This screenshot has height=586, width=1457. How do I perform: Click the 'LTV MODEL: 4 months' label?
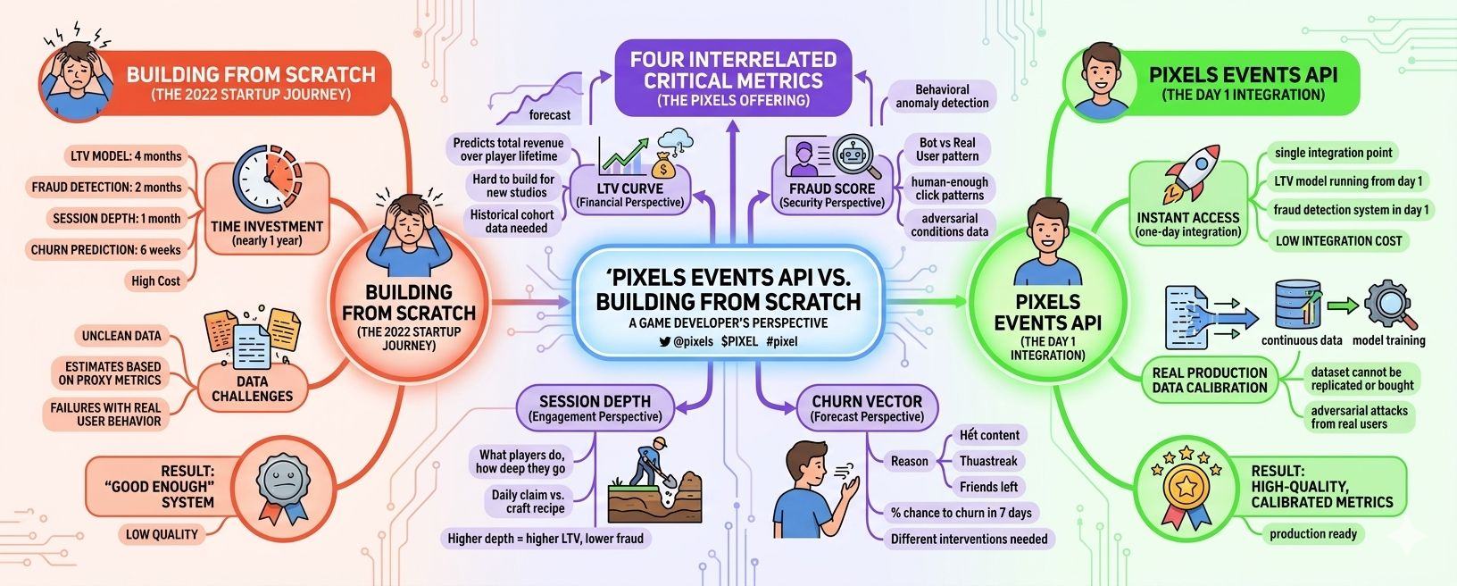click(126, 156)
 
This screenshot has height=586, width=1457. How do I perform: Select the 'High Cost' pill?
click(155, 280)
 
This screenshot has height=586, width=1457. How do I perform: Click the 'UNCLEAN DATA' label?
click(121, 336)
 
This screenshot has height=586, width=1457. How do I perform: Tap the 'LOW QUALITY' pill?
click(162, 534)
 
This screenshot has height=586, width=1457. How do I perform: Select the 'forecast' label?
click(549, 115)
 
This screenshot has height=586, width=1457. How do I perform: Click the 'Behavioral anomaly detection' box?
click(942, 96)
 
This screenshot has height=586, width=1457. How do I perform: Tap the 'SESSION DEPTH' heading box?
click(595, 408)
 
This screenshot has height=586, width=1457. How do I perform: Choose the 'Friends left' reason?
click(988, 487)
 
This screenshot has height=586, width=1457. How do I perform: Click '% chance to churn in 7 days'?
click(961, 513)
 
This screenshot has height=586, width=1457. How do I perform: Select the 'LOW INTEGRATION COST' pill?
click(1338, 240)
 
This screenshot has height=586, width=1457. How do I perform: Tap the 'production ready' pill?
click(1312, 534)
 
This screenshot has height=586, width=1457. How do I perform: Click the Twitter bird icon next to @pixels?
click(664, 341)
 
